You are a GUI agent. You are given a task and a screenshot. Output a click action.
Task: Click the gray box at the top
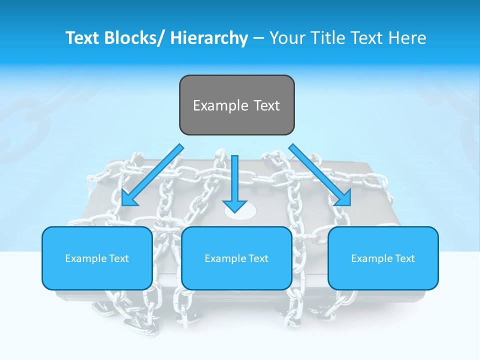tap(236, 105)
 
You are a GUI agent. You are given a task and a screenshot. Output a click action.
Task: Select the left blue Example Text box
tap(97, 258)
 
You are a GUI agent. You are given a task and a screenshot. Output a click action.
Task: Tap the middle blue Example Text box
tap(236, 258)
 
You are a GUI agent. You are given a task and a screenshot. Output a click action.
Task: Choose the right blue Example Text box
tap(383, 258)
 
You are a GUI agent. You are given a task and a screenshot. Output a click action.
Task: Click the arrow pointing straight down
tap(235, 183)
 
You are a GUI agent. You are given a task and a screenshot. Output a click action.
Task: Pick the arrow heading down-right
tap(320, 175)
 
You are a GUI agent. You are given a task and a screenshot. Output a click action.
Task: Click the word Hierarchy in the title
tap(209, 38)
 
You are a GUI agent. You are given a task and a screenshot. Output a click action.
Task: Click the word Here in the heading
tap(406, 38)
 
